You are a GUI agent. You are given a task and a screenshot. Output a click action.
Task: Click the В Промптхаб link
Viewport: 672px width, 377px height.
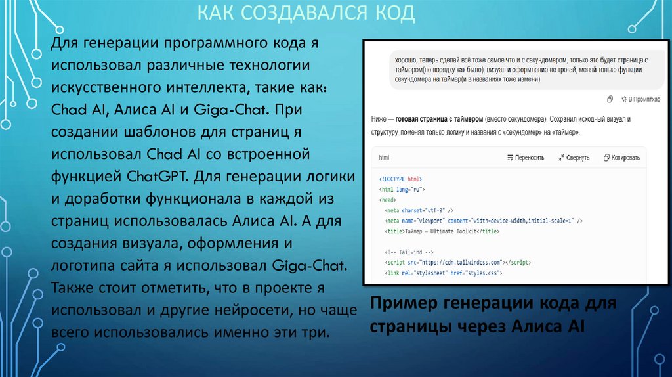tap(633, 99)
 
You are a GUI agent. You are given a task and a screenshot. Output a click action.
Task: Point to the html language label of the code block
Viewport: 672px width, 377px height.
tap(384, 158)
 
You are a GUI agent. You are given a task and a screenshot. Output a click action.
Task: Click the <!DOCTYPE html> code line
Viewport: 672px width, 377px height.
tap(401, 179)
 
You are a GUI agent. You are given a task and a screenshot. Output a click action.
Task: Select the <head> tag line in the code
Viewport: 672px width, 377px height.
tap(387, 199)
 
